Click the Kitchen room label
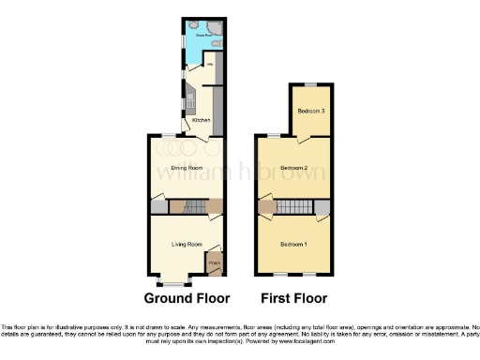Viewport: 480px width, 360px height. pyautogui.click(x=201, y=121)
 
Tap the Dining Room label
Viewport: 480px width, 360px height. pyautogui.click(x=187, y=168)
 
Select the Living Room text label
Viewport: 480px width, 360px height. pyautogui.click(x=187, y=245)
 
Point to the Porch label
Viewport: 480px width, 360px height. pyautogui.click(x=214, y=263)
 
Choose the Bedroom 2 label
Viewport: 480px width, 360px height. pyautogui.click(x=293, y=168)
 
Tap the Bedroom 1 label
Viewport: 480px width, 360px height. pyautogui.click(x=293, y=245)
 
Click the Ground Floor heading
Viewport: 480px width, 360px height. pyautogui.click(x=187, y=299)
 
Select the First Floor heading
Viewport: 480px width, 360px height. pyautogui.click(x=294, y=299)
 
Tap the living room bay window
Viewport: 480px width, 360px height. pyautogui.click(x=175, y=281)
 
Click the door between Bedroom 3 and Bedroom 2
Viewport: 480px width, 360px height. pyautogui.click(x=302, y=140)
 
